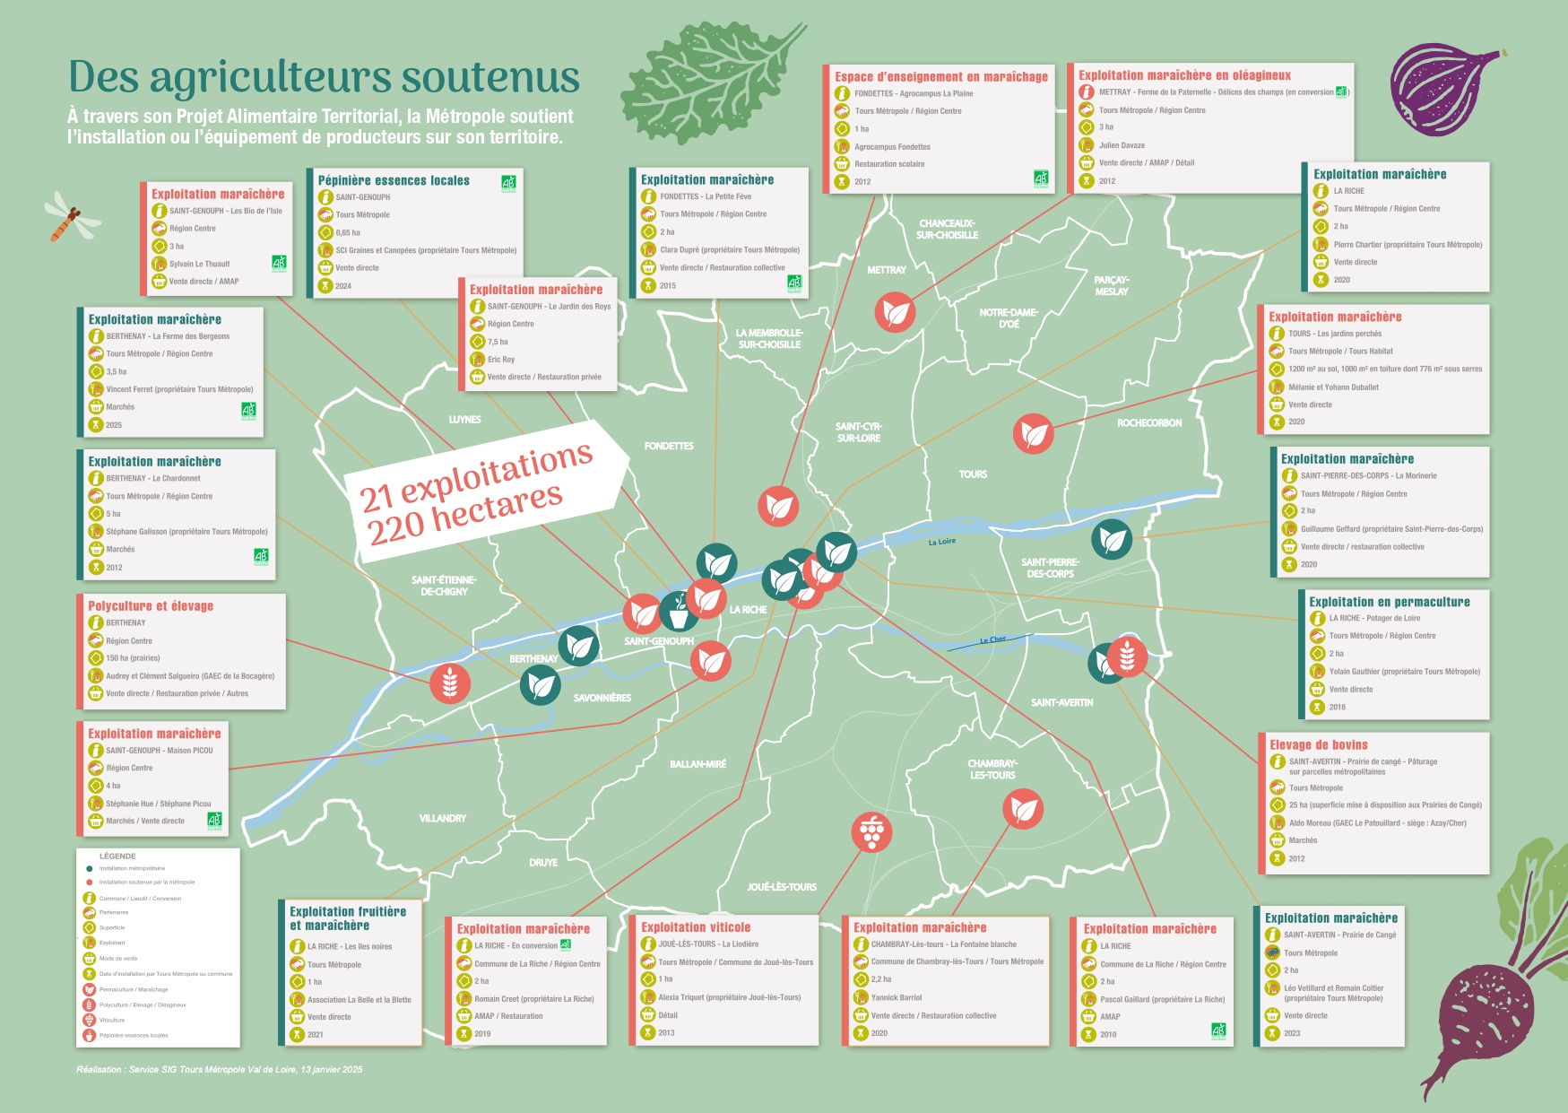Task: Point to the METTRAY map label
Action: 887,269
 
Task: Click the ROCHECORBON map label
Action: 1149,422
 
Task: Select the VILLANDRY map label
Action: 442,818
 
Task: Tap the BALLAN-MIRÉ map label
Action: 697,764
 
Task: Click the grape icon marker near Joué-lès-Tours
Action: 871,831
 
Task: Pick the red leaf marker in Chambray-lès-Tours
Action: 1023,810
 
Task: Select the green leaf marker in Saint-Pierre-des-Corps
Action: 1112,540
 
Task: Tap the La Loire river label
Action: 941,542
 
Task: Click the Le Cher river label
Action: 992,639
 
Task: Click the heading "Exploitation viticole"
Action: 696,927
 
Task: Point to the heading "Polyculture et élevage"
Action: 151,605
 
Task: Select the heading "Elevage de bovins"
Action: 1318,744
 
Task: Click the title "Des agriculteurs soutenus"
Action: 324,77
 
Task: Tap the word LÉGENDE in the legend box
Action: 117,856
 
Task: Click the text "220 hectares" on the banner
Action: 465,515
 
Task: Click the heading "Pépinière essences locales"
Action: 394,180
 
